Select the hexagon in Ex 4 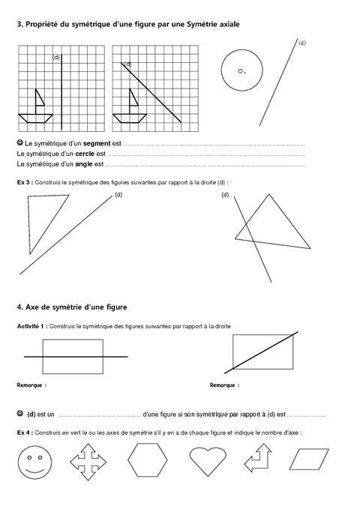[147, 460]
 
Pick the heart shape [205, 460]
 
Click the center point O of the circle [240, 70]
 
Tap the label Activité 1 [34, 326]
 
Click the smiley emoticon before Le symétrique [19, 142]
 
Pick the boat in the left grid [37, 107]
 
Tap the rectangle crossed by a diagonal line [262, 352]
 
